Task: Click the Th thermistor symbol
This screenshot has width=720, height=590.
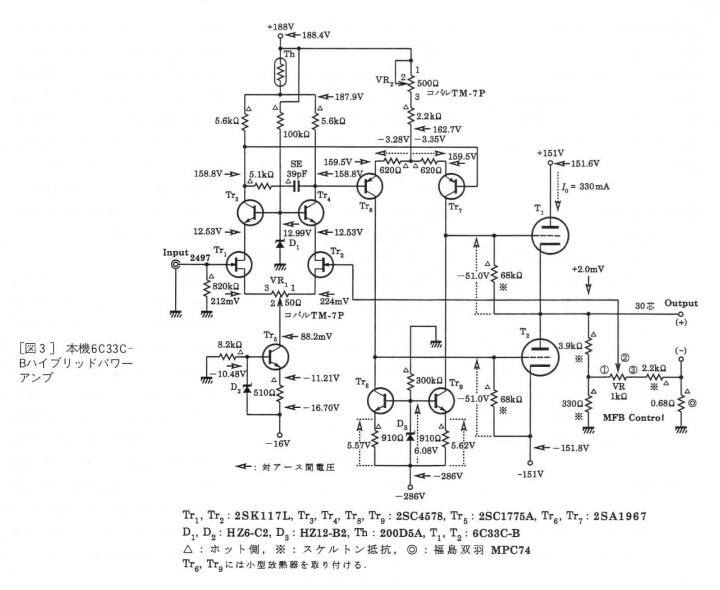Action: [x=280, y=72]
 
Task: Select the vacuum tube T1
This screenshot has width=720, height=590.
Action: [x=550, y=235]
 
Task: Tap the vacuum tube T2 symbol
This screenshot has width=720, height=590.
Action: [x=540, y=357]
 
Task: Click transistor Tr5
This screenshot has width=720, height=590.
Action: [x=275, y=357]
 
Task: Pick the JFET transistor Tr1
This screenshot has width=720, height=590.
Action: [x=239, y=264]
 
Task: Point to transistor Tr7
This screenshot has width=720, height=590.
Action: [x=451, y=186]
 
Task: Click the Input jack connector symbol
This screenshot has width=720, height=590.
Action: [x=176, y=264]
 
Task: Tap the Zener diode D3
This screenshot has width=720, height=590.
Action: [x=410, y=437]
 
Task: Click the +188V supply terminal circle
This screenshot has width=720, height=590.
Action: [x=280, y=35]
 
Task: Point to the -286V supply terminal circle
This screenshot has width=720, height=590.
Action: [x=410, y=487]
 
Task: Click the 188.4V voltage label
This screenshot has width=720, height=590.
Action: [x=316, y=35]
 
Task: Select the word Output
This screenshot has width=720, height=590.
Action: [x=681, y=303]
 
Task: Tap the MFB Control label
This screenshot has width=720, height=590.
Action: [x=633, y=417]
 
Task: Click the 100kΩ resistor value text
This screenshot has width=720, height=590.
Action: [x=296, y=134]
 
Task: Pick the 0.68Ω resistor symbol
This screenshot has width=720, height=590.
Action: [x=681, y=404]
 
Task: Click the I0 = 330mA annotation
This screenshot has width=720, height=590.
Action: [x=585, y=187]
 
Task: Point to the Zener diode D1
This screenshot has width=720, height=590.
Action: [x=280, y=244]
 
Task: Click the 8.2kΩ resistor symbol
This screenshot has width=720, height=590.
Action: [x=228, y=357]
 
